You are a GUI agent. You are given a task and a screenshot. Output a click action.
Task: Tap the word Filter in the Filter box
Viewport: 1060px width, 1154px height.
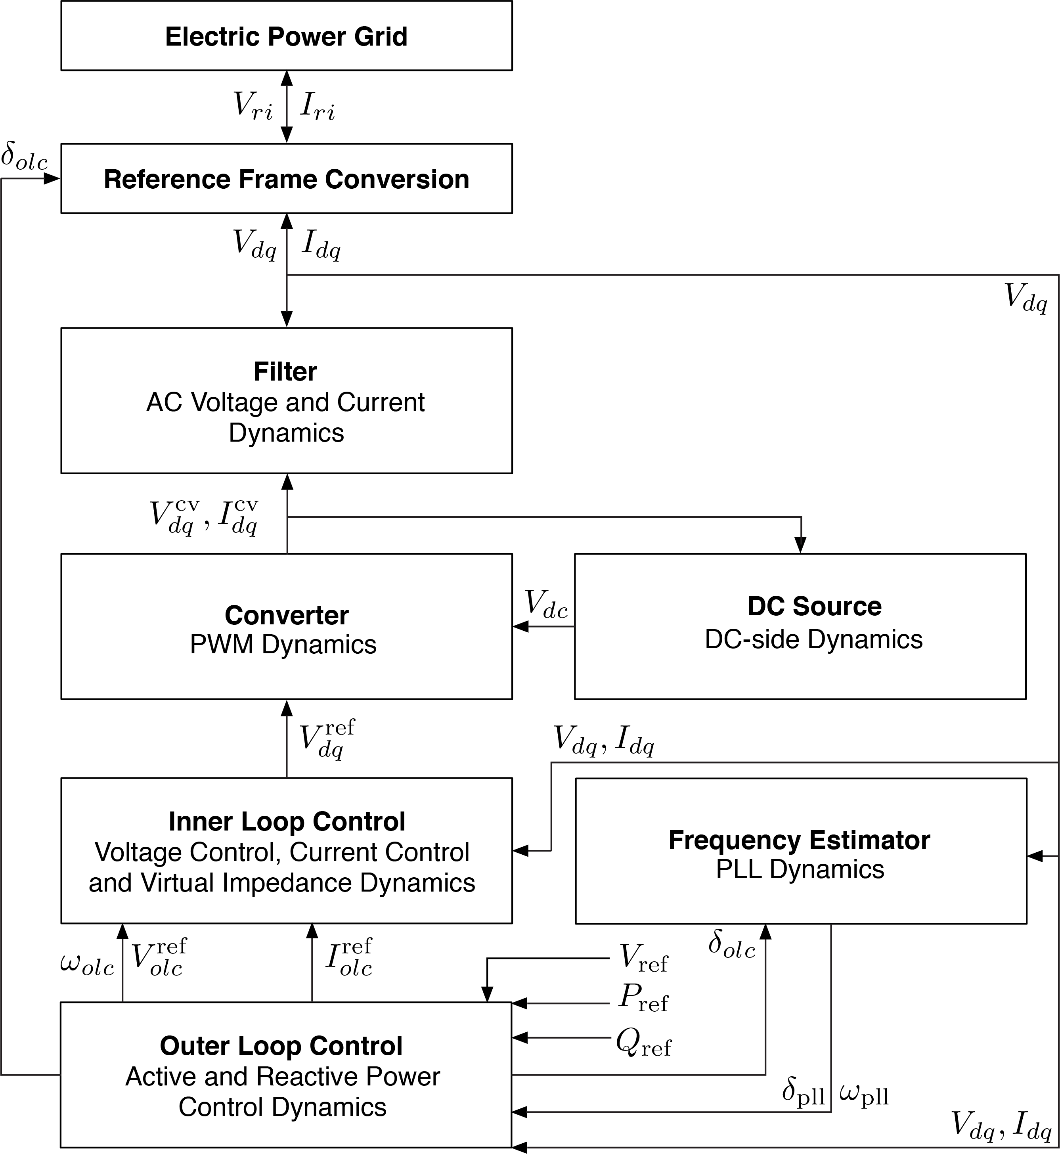click(285, 372)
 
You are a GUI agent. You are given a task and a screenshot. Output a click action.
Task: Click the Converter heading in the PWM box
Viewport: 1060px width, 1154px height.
click(286, 615)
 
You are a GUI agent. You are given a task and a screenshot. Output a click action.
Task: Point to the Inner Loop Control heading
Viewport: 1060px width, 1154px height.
click(286, 821)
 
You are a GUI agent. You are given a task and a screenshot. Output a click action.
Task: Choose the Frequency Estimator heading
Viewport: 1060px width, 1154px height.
click(799, 840)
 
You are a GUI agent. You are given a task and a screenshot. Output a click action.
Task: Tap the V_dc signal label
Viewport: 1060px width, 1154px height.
click(545, 604)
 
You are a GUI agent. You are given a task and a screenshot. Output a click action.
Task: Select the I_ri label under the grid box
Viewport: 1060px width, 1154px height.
click(317, 107)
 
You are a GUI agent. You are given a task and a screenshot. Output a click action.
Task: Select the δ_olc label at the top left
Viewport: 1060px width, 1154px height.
click(24, 157)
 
